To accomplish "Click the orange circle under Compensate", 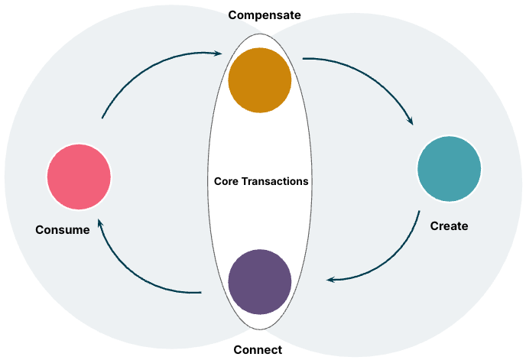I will [260, 81].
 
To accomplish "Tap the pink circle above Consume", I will [79, 177].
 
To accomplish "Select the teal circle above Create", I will [450, 169].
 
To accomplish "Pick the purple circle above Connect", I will [260, 282].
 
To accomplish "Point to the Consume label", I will [63, 229].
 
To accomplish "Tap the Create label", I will [449, 226].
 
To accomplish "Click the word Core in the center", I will [226, 182].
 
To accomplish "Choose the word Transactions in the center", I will [274, 182].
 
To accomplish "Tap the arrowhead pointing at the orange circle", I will [219, 54].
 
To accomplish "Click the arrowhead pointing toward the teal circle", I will [410, 121].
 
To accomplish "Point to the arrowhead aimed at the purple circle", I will [330, 280].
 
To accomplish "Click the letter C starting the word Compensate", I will [231, 15].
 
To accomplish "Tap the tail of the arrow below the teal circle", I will [419, 212].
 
